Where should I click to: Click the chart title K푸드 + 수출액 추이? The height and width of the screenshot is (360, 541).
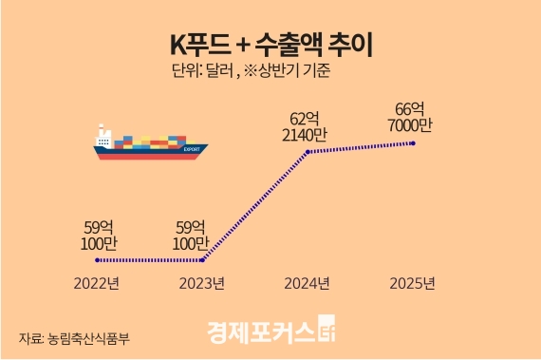(270, 43)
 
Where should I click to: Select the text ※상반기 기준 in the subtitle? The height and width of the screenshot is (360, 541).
(308, 70)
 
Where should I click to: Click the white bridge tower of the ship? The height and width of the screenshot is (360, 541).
(103, 138)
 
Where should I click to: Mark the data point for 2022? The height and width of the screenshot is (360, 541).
(99, 259)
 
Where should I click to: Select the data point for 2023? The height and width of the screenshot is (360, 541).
(204, 259)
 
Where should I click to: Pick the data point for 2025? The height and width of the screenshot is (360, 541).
(414, 142)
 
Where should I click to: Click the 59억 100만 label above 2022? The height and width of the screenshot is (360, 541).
(99, 235)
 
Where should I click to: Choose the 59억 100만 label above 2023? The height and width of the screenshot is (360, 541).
(203, 235)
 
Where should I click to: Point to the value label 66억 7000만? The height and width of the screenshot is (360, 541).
(414, 117)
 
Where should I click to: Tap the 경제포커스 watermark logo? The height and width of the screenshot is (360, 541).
(270, 332)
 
